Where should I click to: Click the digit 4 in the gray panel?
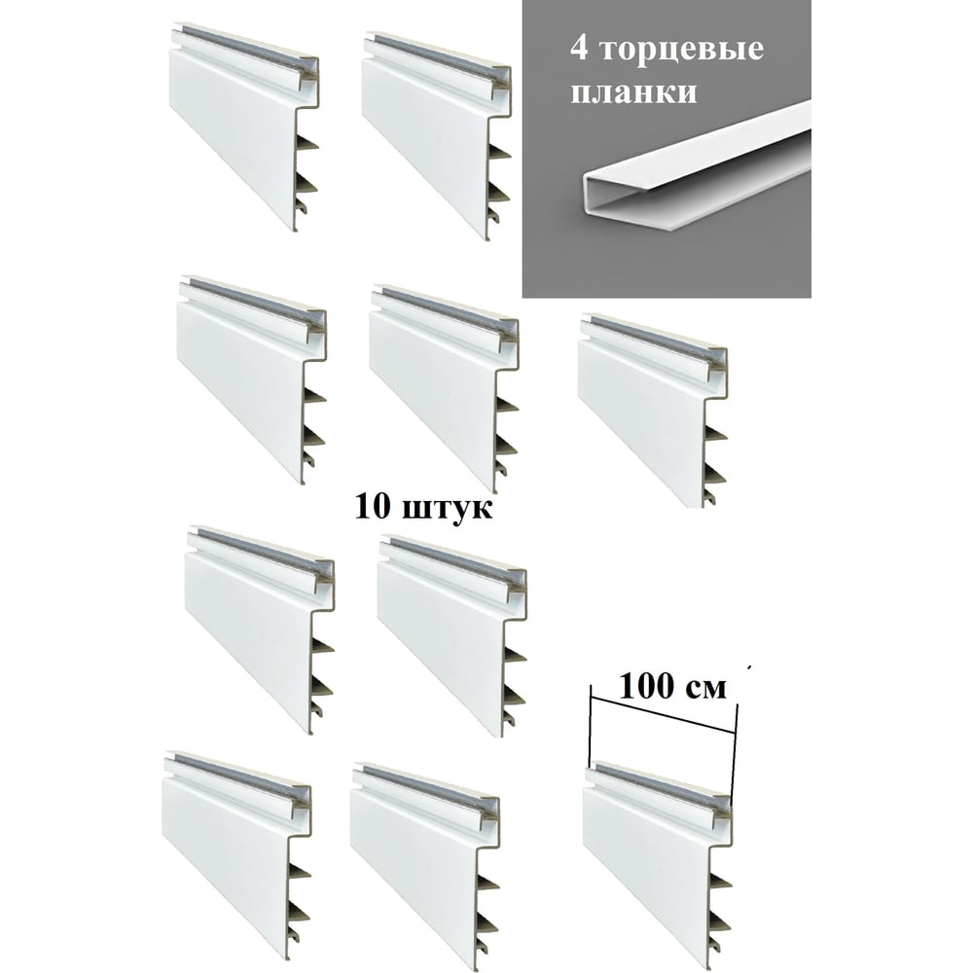click(x=579, y=49)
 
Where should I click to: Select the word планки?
click(x=633, y=91)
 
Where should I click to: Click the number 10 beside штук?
click(x=373, y=506)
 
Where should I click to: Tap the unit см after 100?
click(x=706, y=689)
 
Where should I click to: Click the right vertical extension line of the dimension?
click(x=734, y=751)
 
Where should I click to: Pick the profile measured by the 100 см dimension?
click(x=659, y=861)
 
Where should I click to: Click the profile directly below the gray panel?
click(x=653, y=410)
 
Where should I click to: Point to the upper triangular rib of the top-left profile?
click(x=307, y=143)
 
